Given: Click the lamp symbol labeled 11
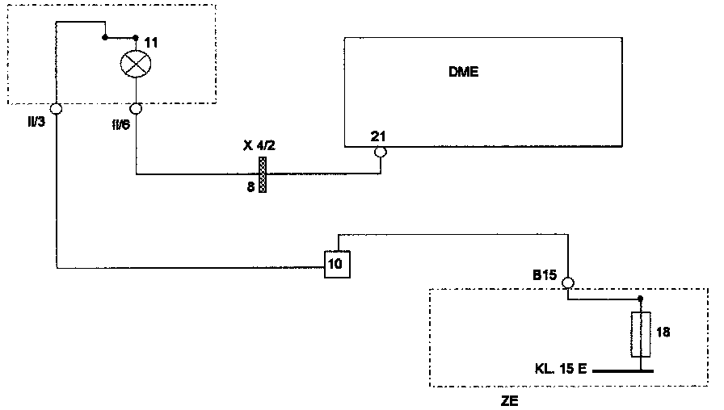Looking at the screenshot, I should pos(135,63).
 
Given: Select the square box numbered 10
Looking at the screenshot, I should pos(337,264).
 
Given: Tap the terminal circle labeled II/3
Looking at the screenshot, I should pos(55,109).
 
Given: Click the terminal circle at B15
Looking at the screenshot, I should pos(567,282).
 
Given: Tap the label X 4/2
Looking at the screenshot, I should pos(259,145).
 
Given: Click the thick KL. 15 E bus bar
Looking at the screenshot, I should pos(622,372).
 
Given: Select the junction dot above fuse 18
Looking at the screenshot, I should pos(640,299).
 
